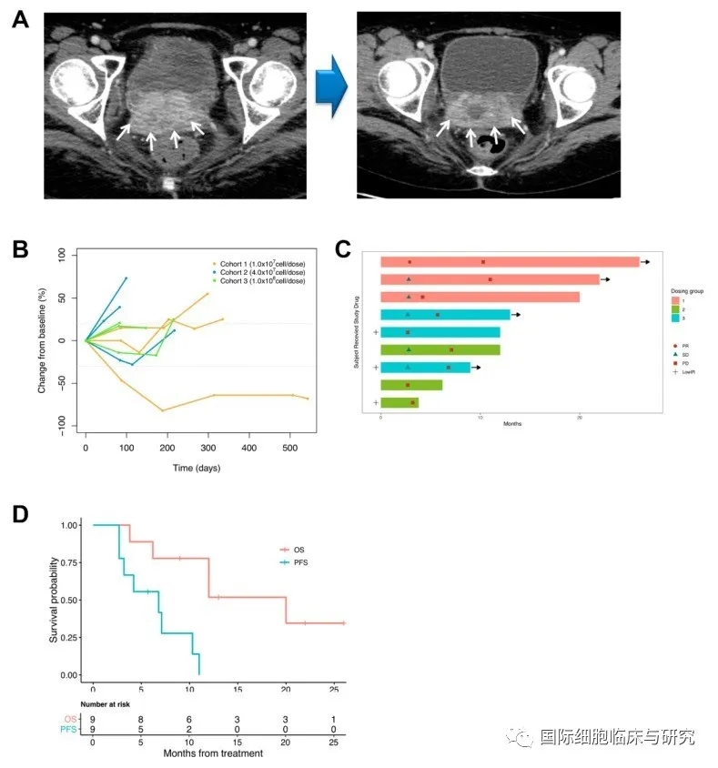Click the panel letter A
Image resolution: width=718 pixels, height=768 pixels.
click(20, 20)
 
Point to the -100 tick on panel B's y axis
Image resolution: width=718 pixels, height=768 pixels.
click(62, 425)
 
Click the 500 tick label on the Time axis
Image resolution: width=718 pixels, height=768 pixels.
click(289, 448)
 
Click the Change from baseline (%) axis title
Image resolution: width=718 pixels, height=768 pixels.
click(41, 341)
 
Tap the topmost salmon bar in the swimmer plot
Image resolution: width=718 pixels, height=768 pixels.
click(510, 262)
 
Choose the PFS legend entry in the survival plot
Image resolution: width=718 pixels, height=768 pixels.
click(293, 563)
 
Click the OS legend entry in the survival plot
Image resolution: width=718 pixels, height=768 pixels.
click(291, 550)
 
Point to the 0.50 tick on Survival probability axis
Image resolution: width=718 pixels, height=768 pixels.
click(68, 600)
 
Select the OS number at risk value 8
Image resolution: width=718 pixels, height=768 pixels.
click(140, 719)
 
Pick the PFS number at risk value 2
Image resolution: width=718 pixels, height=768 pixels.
click(188, 730)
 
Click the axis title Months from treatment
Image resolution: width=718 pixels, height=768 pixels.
click(213, 753)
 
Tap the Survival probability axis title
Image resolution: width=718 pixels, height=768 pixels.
click(55, 600)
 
